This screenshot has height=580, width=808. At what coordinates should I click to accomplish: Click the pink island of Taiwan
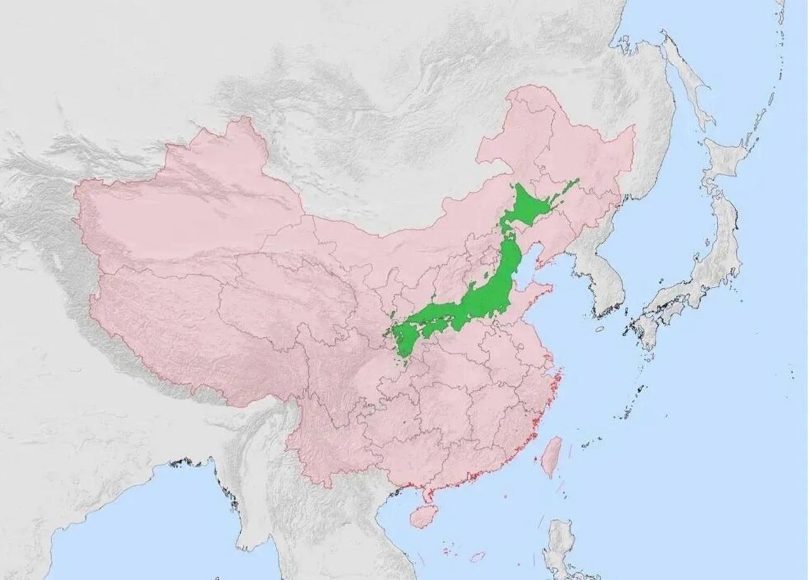click(x=552, y=456)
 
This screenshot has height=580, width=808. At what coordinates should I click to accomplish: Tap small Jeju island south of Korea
click(x=599, y=329)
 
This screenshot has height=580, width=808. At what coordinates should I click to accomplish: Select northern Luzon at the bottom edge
click(x=559, y=543)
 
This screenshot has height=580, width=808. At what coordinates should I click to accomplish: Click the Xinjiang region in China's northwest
click(x=189, y=202)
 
